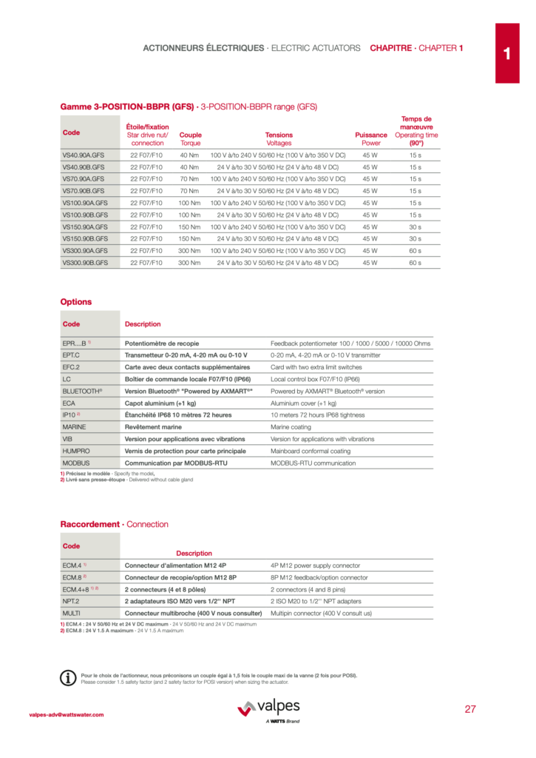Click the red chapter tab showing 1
point(507,53)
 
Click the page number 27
point(470,709)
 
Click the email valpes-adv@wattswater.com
point(67,714)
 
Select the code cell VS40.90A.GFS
point(84,155)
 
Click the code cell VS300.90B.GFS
point(85,263)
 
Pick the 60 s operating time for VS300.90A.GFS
point(415,251)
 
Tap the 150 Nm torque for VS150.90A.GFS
point(189,227)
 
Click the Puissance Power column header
point(370,139)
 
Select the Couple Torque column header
point(190,139)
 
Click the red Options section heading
point(76,302)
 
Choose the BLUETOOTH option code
point(82,391)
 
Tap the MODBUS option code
point(76,463)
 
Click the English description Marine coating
point(291,427)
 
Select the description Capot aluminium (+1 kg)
point(160,403)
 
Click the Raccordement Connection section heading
point(114,524)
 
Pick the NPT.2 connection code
point(72,601)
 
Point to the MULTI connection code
point(72,614)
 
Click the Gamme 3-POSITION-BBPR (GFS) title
point(189,107)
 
